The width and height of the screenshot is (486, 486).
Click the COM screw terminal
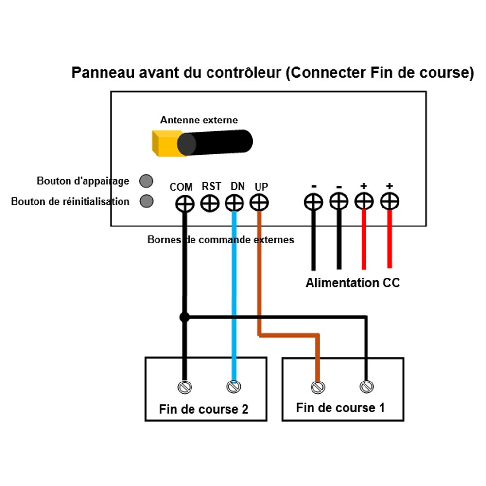[185, 204]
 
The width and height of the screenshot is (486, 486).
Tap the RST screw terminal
[210, 203]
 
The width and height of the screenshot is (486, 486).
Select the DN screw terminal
[234, 203]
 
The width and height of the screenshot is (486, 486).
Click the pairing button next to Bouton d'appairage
[146, 181]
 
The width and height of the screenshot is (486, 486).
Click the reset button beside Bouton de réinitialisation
[146, 201]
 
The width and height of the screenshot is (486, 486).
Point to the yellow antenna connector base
[164, 143]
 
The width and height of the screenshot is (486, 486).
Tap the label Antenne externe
[199, 120]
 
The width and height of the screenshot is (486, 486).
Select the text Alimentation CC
[352, 283]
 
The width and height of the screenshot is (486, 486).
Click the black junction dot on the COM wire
[184, 317]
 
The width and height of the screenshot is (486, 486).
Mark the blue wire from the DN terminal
[234, 292]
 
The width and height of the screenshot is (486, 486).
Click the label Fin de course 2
[204, 409]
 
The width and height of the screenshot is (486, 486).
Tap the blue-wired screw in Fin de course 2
[234, 387]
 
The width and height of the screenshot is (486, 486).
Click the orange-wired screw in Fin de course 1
[318, 387]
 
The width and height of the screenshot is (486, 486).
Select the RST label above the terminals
[211, 186]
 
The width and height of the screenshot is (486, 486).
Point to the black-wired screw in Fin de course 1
[366, 387]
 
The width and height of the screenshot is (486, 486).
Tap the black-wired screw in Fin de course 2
[185, 387]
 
